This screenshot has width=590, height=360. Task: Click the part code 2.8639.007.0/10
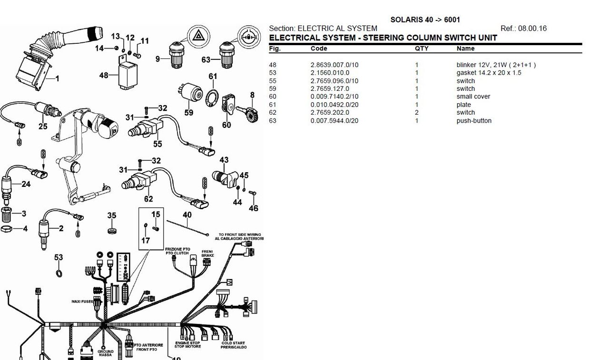[334, 65]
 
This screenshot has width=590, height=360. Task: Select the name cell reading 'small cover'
[473, 97]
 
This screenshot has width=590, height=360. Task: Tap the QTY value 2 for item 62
[416, 113]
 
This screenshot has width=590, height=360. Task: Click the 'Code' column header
[319, 49]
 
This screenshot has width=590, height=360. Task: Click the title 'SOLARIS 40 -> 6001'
[425, 20]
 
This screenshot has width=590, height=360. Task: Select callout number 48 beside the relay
[104, 75]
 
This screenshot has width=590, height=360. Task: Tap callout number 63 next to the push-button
[206, 60]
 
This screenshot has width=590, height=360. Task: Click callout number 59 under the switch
[189, 113]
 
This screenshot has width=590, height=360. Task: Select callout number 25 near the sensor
[43, 126]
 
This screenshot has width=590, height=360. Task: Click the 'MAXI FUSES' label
[82, 302]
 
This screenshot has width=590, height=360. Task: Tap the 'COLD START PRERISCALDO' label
[233, 345]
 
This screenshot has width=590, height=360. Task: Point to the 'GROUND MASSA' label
[106, 353]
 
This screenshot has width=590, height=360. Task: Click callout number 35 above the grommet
[111, 215]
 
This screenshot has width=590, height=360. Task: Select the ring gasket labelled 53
[59, 273]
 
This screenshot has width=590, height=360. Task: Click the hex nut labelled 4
[7, 229]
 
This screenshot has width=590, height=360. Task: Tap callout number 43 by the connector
[224, 160]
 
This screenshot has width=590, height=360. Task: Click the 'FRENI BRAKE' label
[207, 253]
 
